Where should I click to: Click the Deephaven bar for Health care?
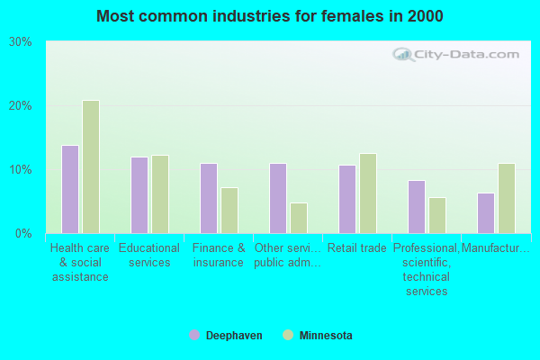70,189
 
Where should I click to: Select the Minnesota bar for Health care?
91,166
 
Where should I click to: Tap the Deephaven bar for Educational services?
139,195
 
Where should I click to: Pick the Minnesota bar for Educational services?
160,194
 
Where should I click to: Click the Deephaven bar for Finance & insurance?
209,198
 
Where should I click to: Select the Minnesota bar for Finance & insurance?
229,211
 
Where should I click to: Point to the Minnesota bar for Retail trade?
368,193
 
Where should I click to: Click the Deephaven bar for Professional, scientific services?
417,207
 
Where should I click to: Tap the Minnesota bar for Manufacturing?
507,198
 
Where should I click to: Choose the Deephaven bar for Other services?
278,198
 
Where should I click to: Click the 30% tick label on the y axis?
20,42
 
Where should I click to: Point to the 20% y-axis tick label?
20,106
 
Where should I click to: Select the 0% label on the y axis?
23,234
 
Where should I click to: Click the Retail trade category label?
357,248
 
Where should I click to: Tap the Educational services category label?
149,256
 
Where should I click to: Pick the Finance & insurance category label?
219,256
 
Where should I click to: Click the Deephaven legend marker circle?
194,335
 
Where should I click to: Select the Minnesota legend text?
325,336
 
